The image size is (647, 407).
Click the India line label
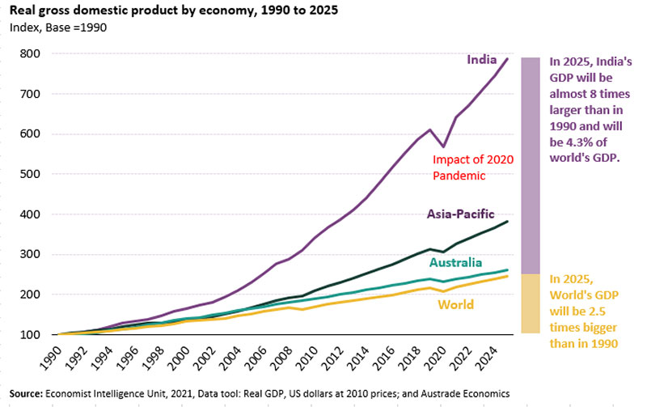click(481, 59)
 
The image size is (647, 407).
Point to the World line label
click(456, 305)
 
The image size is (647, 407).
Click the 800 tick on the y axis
click(33, 54)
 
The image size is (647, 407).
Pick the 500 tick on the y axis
click(33, 174)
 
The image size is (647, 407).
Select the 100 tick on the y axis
click(33, 334)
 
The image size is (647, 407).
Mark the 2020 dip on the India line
click(443, 146)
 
